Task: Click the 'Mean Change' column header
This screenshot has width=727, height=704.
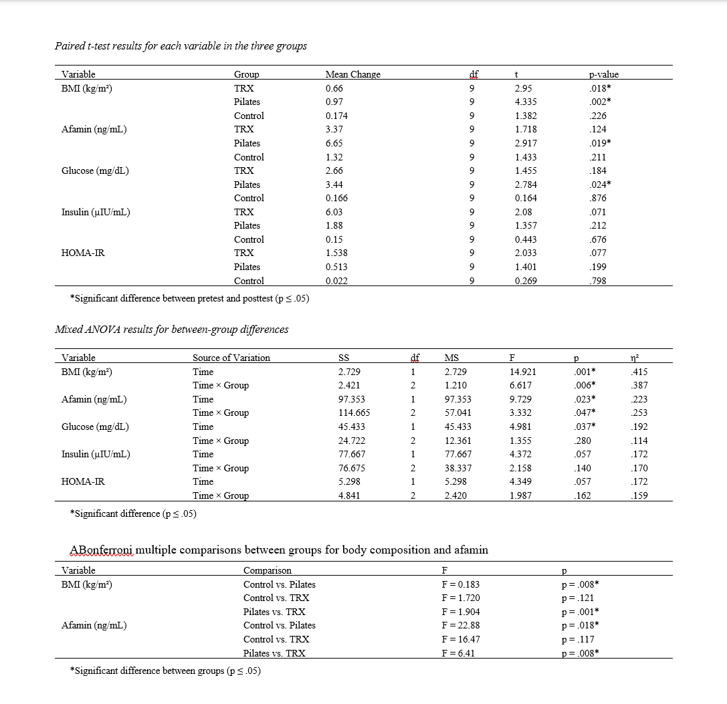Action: (x=352, y=74)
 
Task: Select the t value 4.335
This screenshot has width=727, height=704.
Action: (x=526, y=102)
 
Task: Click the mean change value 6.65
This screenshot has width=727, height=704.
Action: (x=334, y=143)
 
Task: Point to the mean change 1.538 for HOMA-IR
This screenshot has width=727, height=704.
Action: (x=336, y=253)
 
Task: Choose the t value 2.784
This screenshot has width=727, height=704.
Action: (x=526, y=185)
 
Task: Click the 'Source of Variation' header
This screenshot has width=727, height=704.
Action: (x=231, y=358)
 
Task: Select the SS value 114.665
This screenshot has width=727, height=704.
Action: (x=354, y=413)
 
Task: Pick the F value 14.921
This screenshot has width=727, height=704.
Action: (x=523, y=372)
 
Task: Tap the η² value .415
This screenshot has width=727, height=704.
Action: (x=639, y=372)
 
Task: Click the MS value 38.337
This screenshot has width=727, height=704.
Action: (x=458, y=468)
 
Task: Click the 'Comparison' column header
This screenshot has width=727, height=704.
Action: (x=268, y=570)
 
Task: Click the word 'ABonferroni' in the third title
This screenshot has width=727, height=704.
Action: (x=102, y=550)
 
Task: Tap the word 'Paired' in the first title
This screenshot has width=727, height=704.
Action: (x=69, y=46)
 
